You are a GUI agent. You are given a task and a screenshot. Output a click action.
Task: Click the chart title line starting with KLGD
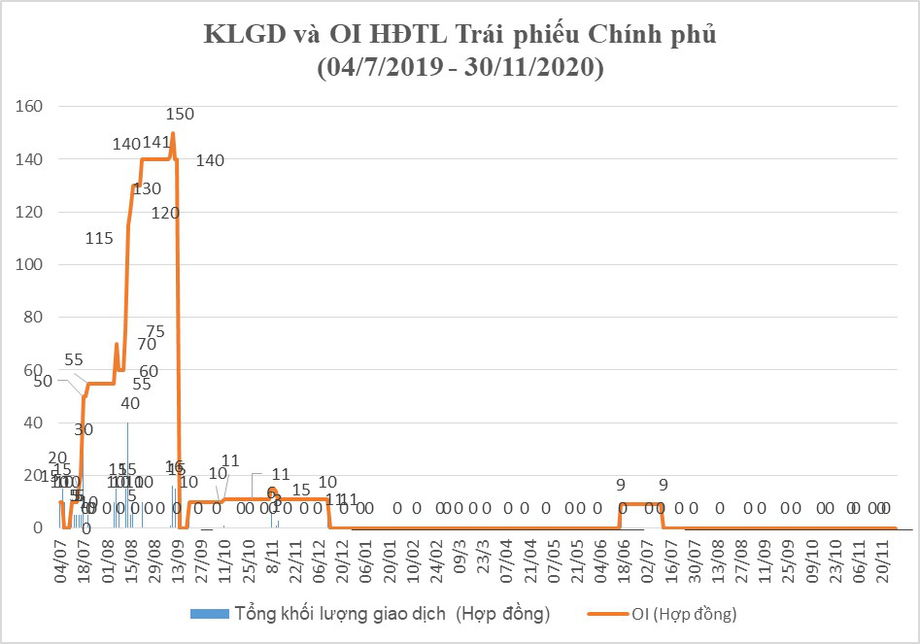[x=460, y=36]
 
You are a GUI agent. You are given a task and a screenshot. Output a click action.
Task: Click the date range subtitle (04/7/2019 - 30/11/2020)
[x=460, y=67]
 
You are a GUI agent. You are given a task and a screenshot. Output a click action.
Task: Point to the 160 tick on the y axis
[x=30, y=106]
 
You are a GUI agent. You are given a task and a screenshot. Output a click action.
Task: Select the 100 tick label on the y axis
[x=30, y=264]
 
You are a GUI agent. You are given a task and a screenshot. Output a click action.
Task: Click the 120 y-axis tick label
[x=30, y=212]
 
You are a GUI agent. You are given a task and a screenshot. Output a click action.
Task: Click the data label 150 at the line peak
[x=181, y=114]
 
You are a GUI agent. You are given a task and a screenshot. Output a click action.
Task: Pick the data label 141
[x=156, y=143]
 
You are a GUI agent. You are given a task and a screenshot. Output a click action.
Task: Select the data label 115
[x=99, y=238]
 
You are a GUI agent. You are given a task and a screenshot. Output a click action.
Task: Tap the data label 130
[x=147, y=188]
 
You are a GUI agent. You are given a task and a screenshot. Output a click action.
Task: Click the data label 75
[x=155, y=331]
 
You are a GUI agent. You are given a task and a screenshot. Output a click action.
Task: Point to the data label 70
[x=147, y=344]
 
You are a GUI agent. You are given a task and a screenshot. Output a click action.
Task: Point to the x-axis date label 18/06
[x=623, y=561]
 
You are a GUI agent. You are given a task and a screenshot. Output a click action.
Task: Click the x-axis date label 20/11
[x=886, y=561]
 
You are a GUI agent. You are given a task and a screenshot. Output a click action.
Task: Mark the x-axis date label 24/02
[x=437, y=561]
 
